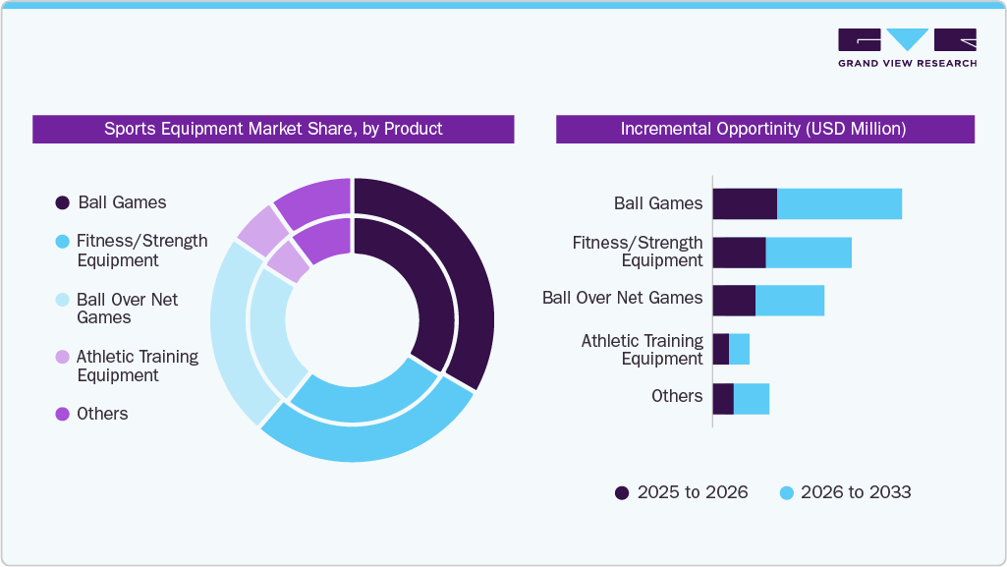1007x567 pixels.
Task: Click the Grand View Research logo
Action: click(907, 47)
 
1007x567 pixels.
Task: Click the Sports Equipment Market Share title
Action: click(273, 129)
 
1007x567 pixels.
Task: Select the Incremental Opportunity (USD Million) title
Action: click(763, 129)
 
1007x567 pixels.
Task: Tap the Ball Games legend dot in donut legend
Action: click(62, 202)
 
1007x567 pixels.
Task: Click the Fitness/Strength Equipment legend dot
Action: click(62, 241)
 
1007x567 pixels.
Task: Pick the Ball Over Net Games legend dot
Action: click(62, 300)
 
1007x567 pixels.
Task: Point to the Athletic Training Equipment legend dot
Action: click(62, 357)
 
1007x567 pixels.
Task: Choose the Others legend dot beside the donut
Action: click(62, 414)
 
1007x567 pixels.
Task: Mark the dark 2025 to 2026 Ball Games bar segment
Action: click(744, 204)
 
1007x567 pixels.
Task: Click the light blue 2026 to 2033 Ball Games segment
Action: click(839, 204)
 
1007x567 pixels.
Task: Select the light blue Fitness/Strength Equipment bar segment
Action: click(808, 253)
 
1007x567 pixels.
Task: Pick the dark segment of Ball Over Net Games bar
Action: click(733, 301)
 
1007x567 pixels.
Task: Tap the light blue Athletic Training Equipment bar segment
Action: click(739, 349)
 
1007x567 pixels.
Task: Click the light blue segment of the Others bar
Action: click(751, 399)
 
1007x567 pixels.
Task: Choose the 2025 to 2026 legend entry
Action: click(681, 492)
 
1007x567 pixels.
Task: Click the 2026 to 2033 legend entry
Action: click(845, 492)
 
